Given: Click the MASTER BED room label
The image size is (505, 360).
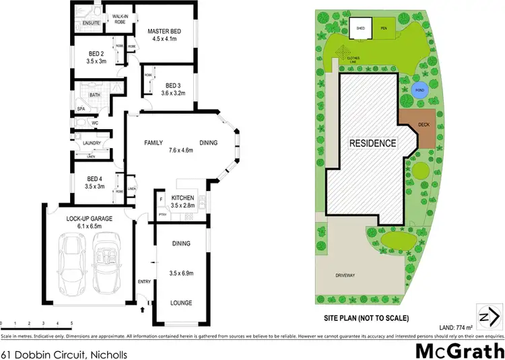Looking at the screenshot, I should coord(164,29).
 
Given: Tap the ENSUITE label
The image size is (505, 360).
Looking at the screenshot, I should coord(91,24).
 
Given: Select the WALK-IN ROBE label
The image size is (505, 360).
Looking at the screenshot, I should coord(121,19).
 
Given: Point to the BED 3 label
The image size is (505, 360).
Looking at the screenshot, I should coord(173,85).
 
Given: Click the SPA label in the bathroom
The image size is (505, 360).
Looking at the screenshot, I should coord(81,108).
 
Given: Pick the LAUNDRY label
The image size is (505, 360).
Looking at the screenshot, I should coord(92,143).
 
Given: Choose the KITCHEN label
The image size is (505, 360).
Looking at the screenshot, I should coord(183,197).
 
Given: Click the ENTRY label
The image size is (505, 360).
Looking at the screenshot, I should coord(144,281).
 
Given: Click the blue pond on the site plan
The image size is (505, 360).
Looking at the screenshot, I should coord(418,91).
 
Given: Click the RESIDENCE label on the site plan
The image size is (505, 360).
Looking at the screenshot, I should coord(371,143).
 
